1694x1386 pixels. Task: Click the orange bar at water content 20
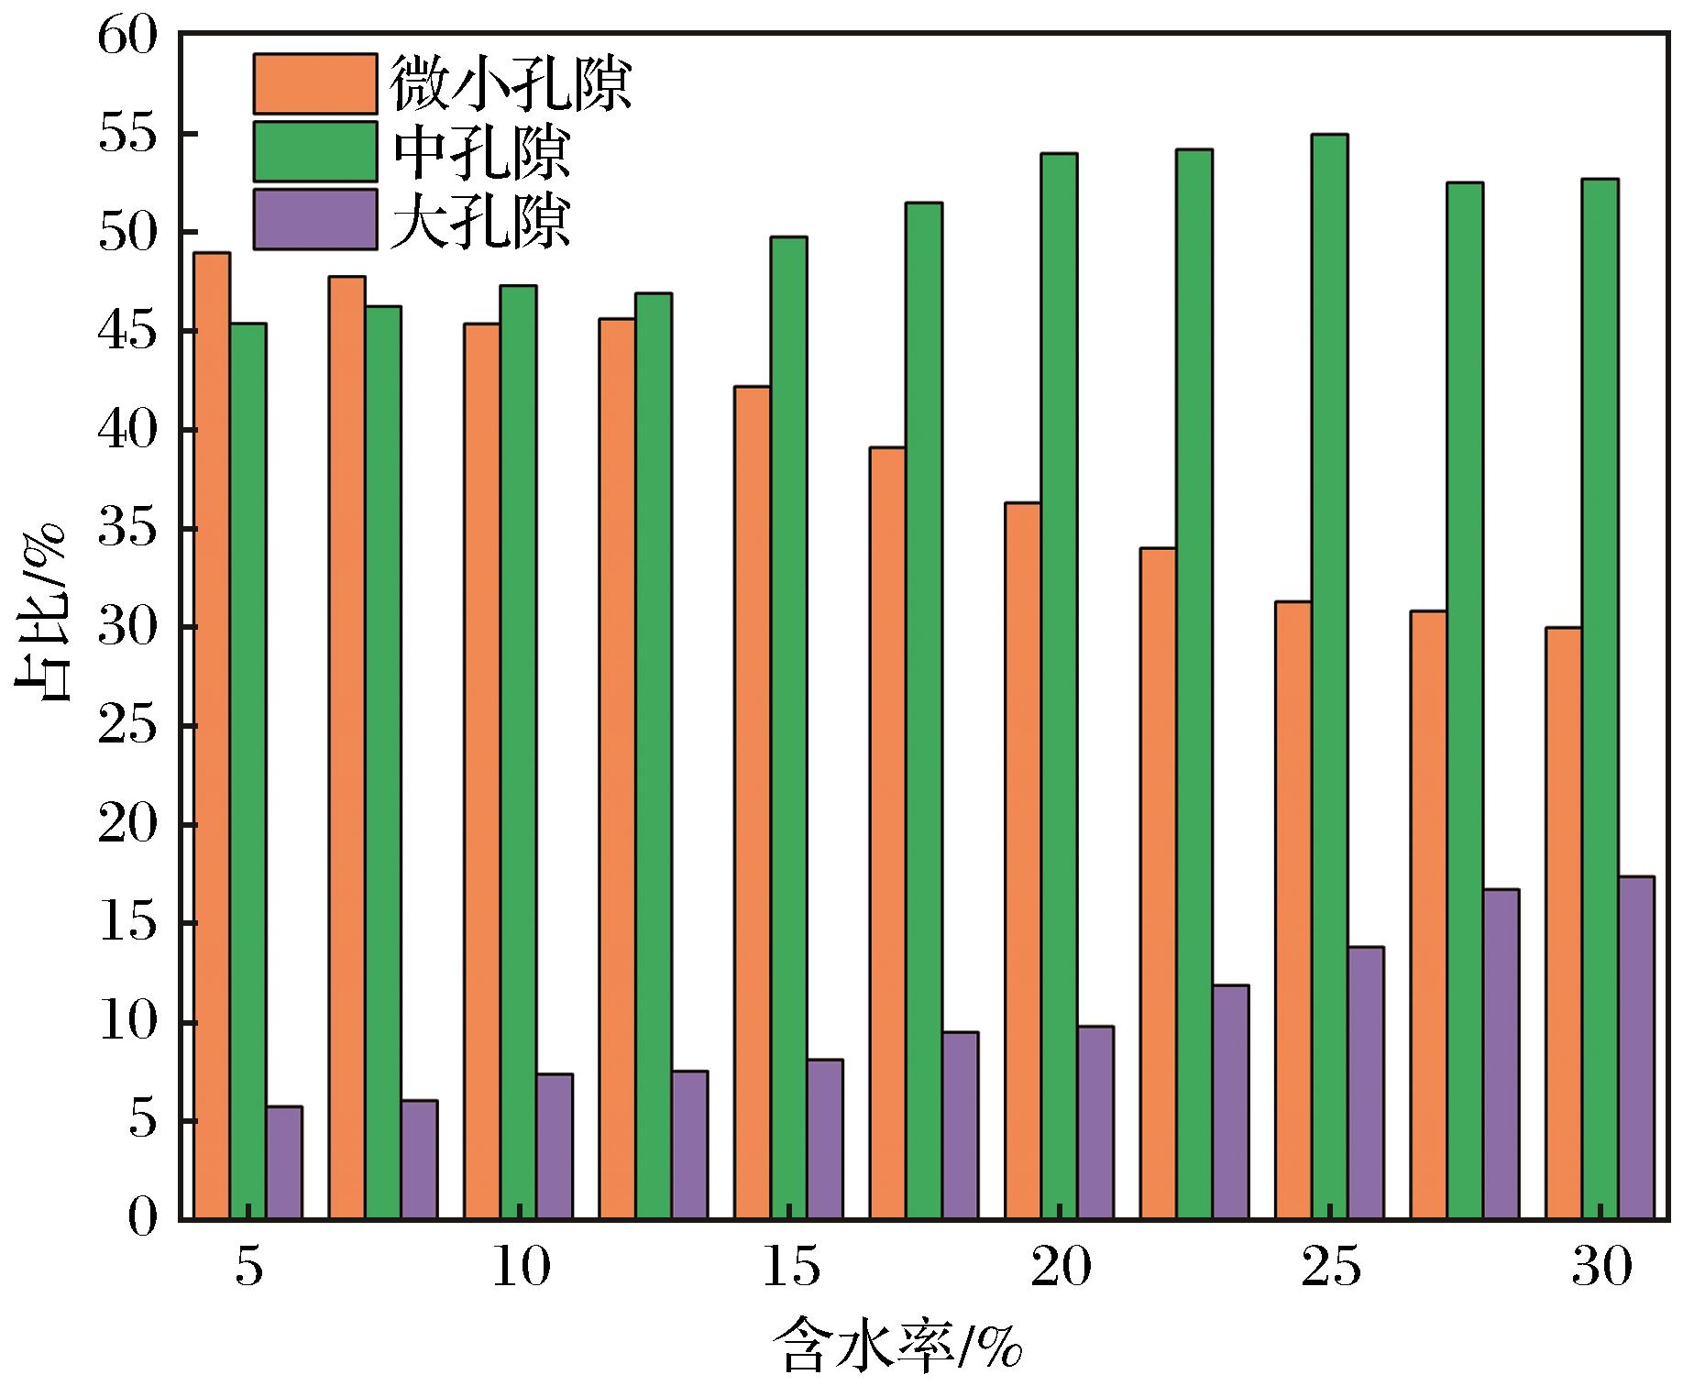[x=1023, y=861]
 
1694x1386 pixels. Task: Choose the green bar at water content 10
[x=518, y=752]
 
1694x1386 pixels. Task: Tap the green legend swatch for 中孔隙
[x=315, y=151]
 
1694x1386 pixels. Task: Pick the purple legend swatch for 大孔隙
[x=315, y=219]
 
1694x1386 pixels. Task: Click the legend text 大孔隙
[x=481, y=220]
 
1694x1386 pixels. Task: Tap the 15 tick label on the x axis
[x=790, y=1270]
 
